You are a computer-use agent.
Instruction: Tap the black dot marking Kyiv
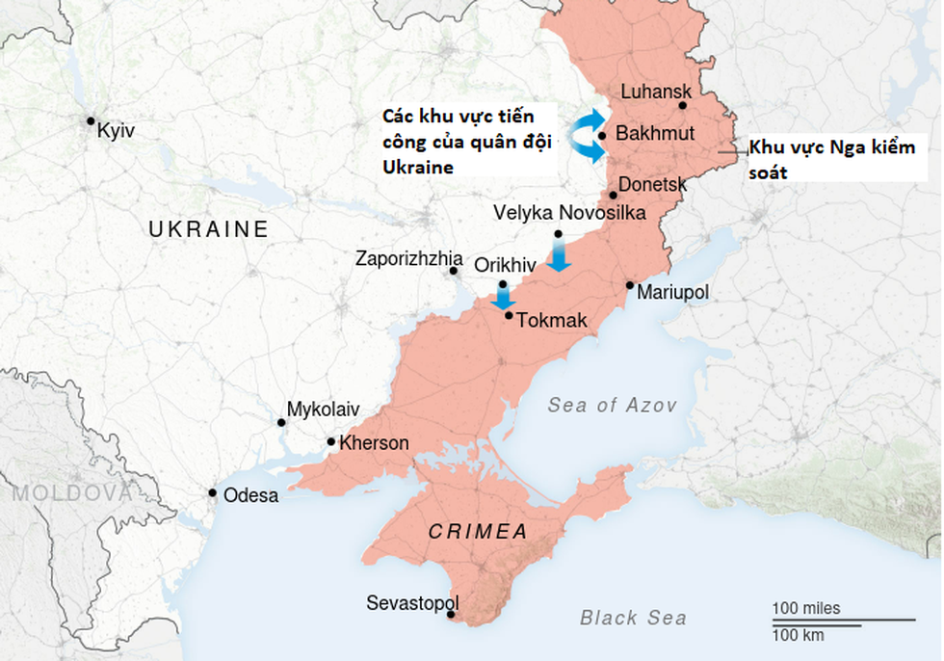(91, 121)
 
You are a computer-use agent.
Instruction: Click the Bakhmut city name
(654, 134)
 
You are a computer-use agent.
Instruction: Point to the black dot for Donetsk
(613, 195)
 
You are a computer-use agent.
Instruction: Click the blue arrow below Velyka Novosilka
(559, 256)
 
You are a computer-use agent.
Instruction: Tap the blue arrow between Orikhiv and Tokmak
(502, 297)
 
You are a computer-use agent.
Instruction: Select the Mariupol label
(672, 291)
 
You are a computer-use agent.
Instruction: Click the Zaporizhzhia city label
(408, 258)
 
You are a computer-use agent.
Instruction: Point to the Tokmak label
(552, 320)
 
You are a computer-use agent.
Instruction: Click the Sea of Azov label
(612, 406)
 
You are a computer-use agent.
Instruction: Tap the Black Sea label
(633, 618)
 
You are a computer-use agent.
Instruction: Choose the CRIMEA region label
(478, 532)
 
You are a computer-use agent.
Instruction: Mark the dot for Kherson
(331, 442)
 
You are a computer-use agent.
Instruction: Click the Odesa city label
(250, 496)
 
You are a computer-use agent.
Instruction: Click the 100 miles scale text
(805, 608)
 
